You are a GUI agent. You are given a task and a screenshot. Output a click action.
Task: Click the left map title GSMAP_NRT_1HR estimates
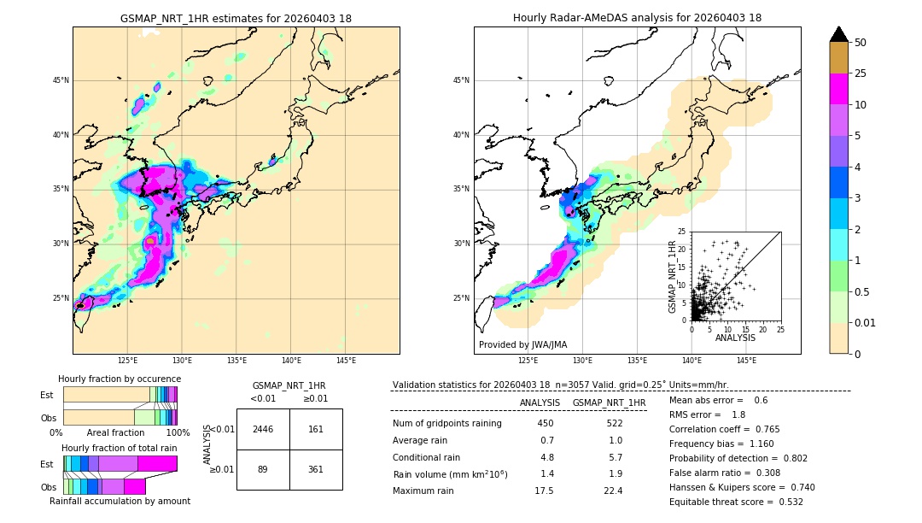click(236, 18)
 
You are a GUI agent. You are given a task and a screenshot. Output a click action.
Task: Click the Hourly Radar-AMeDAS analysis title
click(637, 18)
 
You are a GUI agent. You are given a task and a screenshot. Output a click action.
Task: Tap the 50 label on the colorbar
click(861, 43)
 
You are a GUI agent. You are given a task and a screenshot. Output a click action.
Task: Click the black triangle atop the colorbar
click(839, 34)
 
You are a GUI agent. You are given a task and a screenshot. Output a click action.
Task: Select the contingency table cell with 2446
click(263, 429)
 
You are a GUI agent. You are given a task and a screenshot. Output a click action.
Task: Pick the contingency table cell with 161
click(316, 429)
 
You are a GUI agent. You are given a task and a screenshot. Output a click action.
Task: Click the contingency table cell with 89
click(263, 469)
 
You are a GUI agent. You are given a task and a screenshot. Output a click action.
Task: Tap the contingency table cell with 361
click(316, 469)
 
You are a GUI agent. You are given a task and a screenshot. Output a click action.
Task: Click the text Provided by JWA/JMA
click(522, 344)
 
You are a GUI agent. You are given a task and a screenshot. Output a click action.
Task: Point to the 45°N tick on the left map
click(61, 80)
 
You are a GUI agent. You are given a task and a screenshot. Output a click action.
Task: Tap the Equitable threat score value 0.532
click(785, 502)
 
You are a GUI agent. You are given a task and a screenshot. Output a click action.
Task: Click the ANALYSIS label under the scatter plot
click(735, 338)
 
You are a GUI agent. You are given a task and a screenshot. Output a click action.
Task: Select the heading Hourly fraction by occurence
click(120, 379)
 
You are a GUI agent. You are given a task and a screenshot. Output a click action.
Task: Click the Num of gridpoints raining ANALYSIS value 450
click(546, 423)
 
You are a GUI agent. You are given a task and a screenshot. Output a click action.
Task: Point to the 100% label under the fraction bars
click(178, 433)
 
